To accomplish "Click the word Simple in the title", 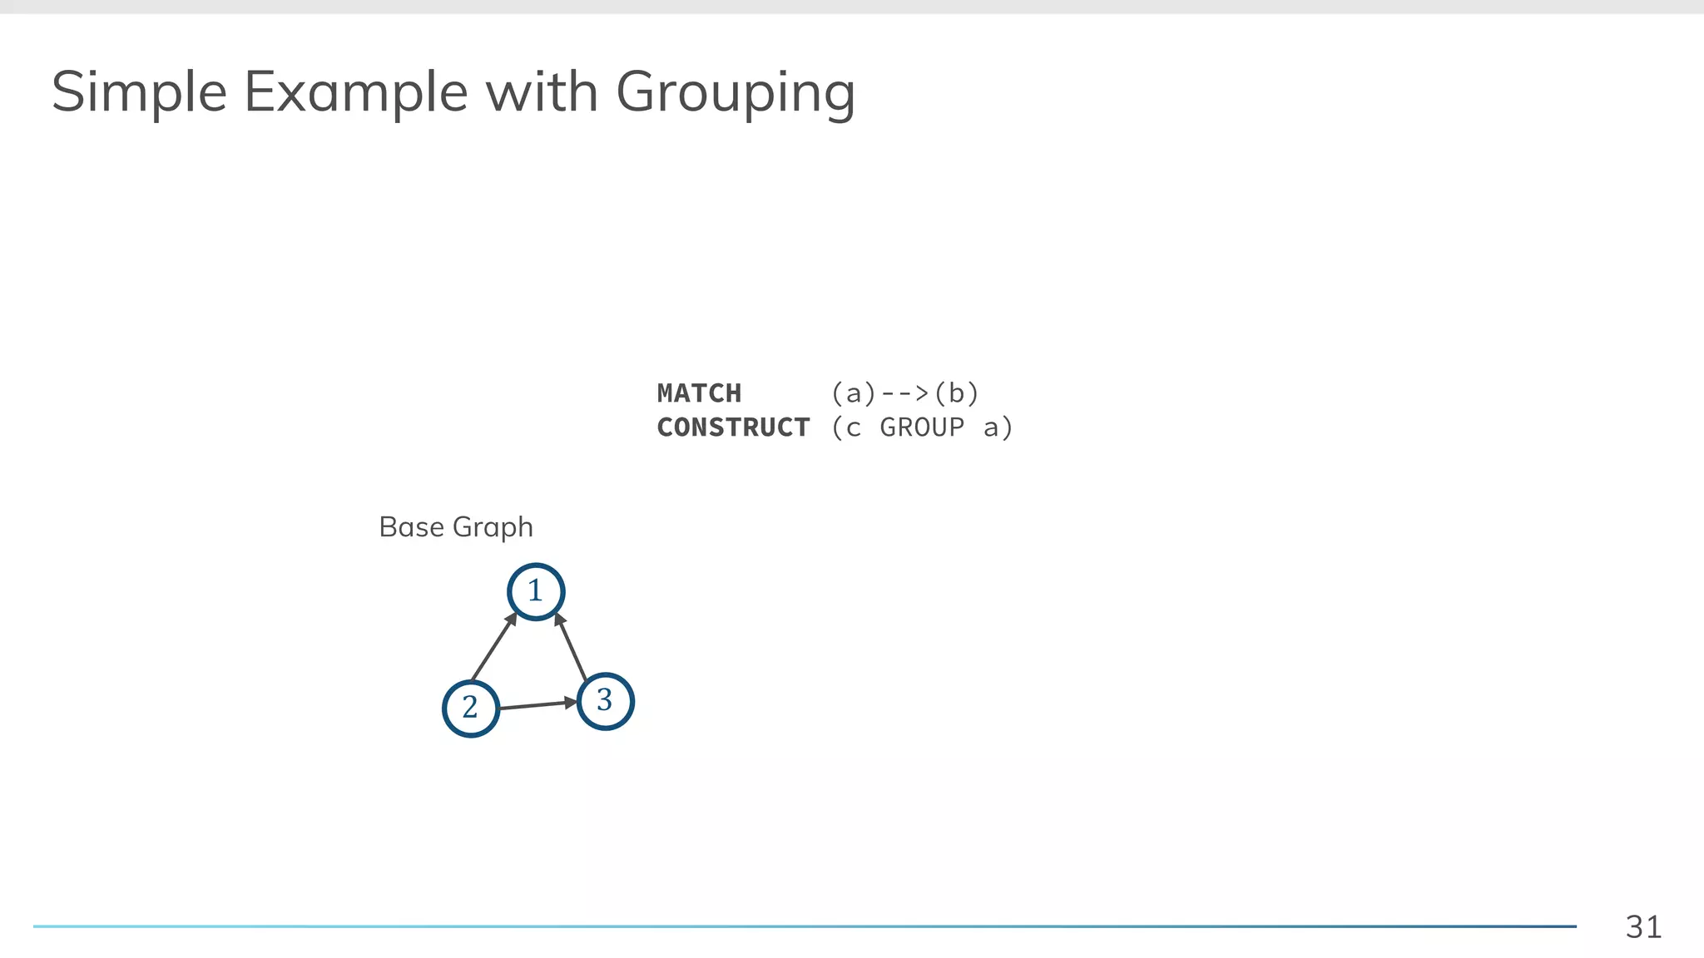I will (x=139, y=92).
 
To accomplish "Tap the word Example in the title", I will (x=355, y=92).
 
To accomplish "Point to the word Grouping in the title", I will (x=736, y=94).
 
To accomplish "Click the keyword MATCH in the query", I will (x=699, y=393).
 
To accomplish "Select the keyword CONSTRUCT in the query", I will (x=733, y=427).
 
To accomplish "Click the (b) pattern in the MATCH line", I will (x=957, y=393).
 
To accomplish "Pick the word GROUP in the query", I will (x=922, y=427).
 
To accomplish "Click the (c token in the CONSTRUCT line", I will (x=846, y=427).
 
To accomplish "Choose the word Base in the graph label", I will (x=411, y=527).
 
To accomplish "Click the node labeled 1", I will (x=536, y=591).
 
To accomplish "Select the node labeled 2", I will (x=471, y=708).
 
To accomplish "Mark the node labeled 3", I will (x=605, y=701).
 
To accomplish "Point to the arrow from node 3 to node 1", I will (x=572, y=646).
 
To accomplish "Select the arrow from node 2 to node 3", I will (x=537, y=705).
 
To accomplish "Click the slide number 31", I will (x=1643, y=926).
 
